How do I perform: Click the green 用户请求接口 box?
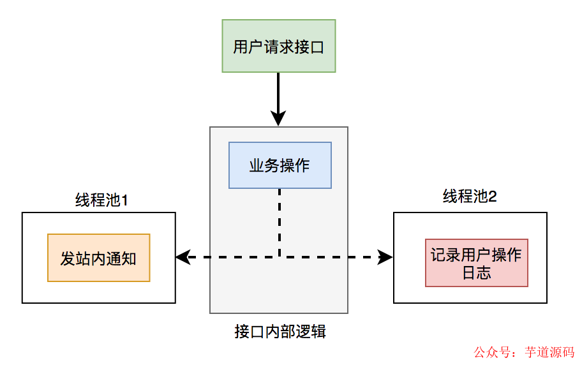[279, 46]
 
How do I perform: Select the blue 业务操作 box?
[280, 165]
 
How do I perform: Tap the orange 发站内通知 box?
[98, 258]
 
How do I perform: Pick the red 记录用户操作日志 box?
[477, 264]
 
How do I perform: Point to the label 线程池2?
[470, 197]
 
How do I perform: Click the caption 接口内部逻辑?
[280, 332]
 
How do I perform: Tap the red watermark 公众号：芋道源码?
[523, 352]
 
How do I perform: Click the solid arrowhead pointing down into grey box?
[278, 119]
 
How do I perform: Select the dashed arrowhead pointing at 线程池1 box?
[183, 257]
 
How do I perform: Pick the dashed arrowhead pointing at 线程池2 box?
[385, 257]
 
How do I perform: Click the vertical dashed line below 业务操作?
[280, 220]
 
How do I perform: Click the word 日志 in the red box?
[477, 272]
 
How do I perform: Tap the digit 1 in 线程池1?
[125, 200]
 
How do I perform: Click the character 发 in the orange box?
[68, 258]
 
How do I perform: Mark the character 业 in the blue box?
[257, 166]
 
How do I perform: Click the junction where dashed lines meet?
[280, 257]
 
